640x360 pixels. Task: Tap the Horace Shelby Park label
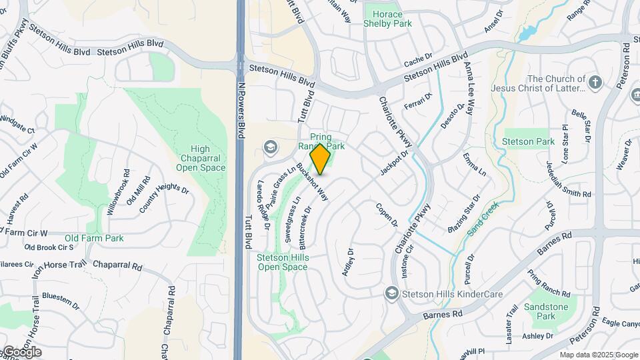[x=387, y=19]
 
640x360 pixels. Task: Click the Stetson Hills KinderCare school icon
[x=391, y=293]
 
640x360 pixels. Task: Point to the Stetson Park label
[x=537, y=142]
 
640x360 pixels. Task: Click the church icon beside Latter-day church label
[x=596, y=83]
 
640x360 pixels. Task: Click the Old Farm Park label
[x=95, y=238]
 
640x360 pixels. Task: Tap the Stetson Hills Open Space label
[x=283, y=262]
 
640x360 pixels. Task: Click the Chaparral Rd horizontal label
[x=118, y=265]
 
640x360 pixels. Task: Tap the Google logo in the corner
[x=21, y=352]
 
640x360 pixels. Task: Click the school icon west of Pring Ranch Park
[x=271, y=147]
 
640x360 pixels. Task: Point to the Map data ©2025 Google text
[x=598, y=355]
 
